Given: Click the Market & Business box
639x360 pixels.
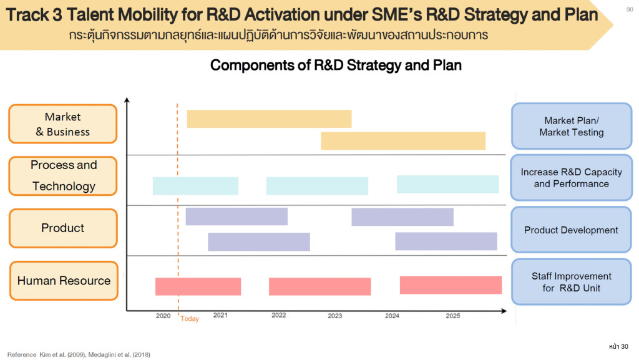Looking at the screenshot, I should pos(62,124).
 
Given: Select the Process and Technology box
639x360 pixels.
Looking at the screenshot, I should pos(62,176).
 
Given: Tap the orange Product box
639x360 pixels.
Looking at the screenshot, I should pos(62,228).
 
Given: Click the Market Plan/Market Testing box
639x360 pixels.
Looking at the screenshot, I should pos(571,126).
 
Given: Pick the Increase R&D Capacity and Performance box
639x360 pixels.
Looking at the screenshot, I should pos(571,178).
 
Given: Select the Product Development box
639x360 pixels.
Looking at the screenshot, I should pos(571,230).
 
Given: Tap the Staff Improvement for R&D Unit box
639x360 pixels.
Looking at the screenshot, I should pos(571,281).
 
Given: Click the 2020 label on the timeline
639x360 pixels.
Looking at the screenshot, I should pos(163,316).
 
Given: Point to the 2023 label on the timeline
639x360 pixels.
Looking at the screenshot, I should pos(335,316).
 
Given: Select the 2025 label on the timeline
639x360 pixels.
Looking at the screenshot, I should pos(453,316).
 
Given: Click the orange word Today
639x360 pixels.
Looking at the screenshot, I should pos(190,319).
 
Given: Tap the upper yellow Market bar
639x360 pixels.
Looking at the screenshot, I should pos(269,119).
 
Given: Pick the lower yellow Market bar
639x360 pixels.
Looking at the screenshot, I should pos(402,141).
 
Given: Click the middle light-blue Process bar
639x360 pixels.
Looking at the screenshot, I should pos(317,186).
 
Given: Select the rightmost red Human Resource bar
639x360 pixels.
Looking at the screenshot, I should pos(451,285).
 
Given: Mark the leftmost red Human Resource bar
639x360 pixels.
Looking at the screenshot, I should pos(198,286).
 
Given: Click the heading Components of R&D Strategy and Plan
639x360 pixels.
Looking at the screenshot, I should pos(336,65).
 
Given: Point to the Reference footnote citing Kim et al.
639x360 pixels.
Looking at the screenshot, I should pos(79,354).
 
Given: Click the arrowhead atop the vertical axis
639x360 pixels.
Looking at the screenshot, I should pos(127,100).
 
